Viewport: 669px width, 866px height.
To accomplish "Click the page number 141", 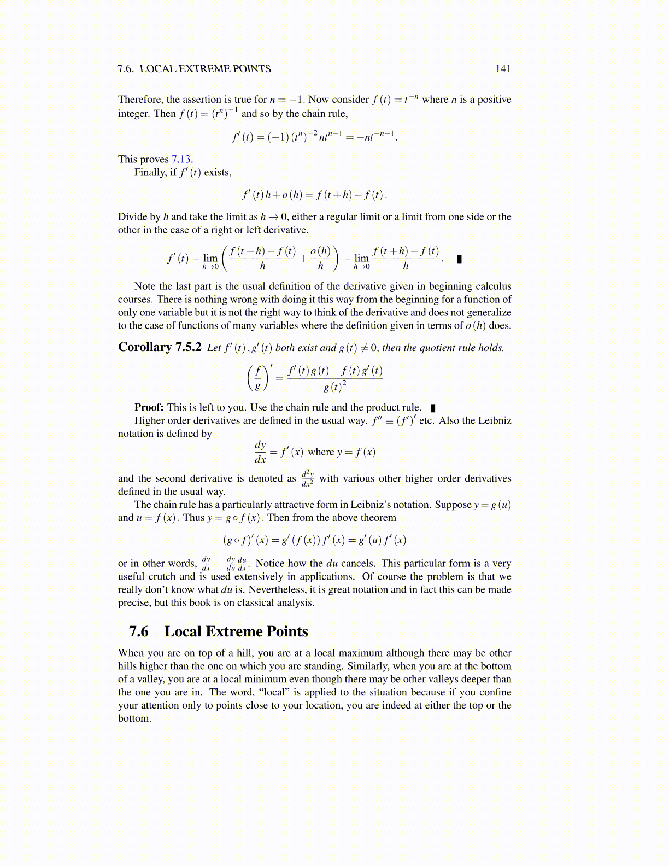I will [503, 69].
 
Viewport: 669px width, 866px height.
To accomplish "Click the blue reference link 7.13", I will [180, 160].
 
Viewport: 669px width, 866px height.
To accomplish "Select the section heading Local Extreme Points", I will [236, 632].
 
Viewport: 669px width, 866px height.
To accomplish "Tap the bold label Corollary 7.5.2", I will [160, 348].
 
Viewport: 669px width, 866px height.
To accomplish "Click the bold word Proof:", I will [149, 408].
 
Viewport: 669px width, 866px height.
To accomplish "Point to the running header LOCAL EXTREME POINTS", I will [205, 69].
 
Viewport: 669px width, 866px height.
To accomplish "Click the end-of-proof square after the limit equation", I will [459, 259].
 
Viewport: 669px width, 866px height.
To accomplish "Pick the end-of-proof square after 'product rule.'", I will [433, 408].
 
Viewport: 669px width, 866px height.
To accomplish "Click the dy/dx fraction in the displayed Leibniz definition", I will [260, 452].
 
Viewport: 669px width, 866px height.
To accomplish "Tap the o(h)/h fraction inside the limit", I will [320, 258].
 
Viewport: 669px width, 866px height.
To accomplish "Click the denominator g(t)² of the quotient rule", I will [335, 387].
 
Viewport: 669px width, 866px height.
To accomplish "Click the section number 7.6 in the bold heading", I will [138, 632].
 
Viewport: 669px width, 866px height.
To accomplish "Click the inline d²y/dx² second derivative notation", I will [307, 478].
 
